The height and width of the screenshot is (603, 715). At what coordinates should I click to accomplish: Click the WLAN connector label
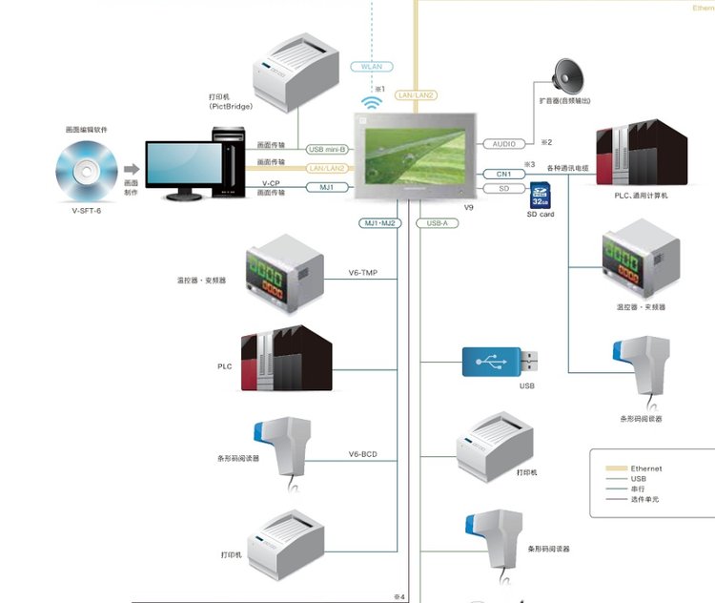372,67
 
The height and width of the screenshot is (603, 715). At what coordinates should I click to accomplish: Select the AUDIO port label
504,144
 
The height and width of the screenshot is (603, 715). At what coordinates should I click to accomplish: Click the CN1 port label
504,174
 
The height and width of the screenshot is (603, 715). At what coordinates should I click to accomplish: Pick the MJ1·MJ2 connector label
378,223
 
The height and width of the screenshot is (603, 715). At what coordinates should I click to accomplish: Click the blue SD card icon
540,195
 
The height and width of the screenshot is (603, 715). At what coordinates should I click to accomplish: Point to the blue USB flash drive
499,363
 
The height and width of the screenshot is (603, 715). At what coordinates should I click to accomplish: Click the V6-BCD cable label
362,455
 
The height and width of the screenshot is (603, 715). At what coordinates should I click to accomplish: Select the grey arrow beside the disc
130,170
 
